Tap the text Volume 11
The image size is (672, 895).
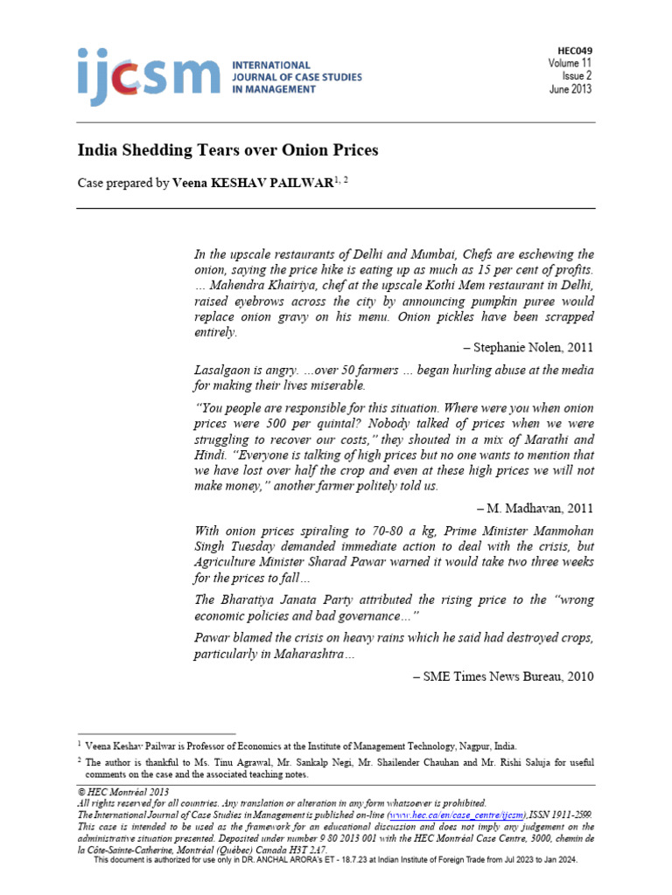570,64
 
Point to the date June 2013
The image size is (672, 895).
571,89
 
